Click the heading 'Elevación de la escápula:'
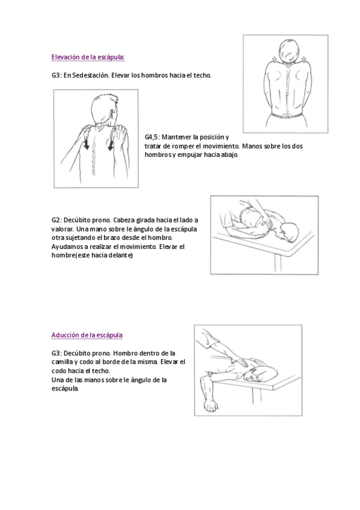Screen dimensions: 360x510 (x=88, y=57)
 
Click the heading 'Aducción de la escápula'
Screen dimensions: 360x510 (x=87, y=336)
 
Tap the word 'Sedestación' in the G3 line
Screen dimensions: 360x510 (x=91, y=75)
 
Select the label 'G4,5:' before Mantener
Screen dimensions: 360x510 (x=152, y=137)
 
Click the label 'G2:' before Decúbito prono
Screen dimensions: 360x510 (x=56, y=220)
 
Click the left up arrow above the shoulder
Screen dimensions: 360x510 (x=273, y=59)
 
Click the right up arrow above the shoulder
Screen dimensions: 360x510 (x=304, y=59)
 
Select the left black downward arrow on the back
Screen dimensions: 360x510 (x=87, y=143)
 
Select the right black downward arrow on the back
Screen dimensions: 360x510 (x=111, y=143)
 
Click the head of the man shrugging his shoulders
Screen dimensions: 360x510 (x=288, y=51)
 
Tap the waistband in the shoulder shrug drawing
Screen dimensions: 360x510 (x=287, y=115)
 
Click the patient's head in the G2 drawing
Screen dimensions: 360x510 (x=290, y=232)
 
